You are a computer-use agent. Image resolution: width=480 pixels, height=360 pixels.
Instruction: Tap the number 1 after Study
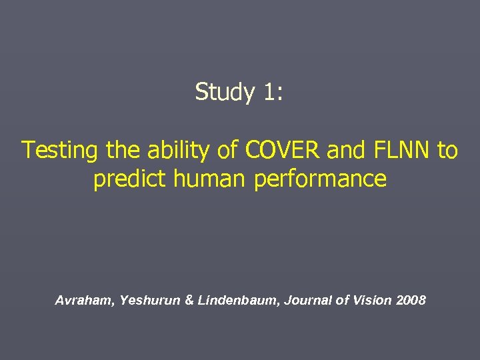tap(269, 92)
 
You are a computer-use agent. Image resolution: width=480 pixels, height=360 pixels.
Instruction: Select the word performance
tap(320, 179)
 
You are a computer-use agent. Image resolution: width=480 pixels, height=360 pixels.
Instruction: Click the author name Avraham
tap(85, 301)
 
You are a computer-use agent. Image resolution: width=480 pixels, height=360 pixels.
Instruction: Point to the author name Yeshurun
tap(149, 301)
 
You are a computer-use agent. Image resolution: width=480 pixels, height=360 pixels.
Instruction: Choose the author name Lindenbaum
tap(238, 301)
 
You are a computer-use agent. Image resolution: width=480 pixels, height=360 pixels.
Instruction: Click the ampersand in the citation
tap(189, 301)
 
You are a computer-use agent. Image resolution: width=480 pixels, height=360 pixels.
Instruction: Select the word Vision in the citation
tap(367, 301)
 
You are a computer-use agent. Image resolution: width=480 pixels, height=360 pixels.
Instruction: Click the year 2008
tap(411, 301)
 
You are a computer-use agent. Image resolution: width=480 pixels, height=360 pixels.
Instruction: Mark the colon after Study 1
tap(280, 93)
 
